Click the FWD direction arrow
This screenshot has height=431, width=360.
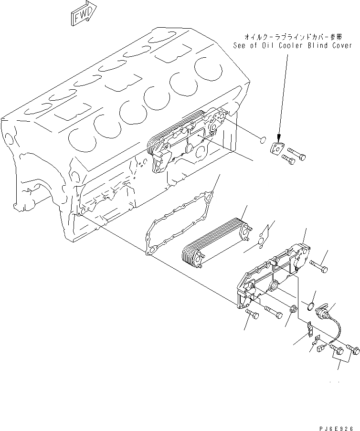83,15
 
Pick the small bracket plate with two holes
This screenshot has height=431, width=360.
309,328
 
